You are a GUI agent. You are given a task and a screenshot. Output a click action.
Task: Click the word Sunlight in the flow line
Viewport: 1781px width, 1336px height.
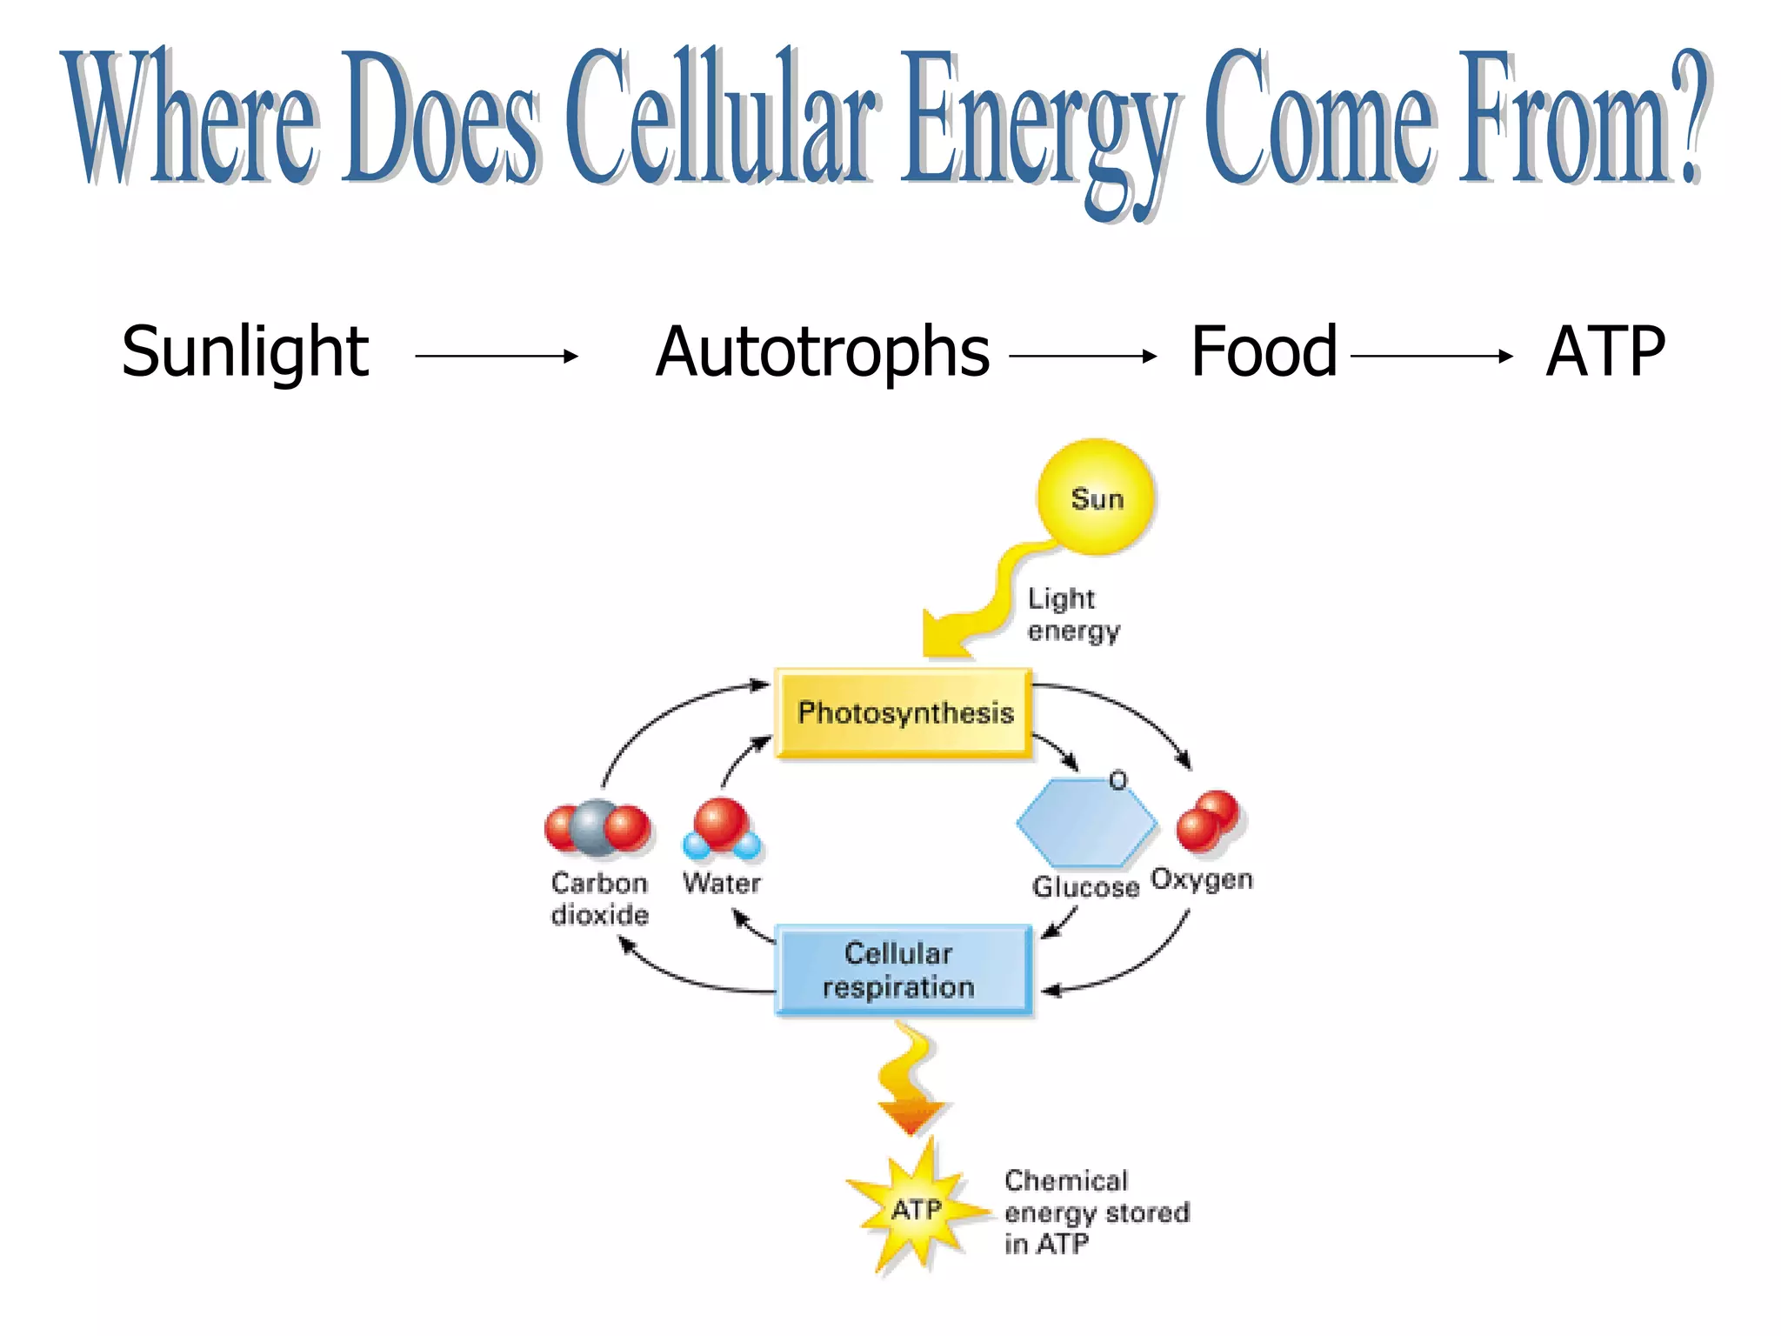[x=244, y=352]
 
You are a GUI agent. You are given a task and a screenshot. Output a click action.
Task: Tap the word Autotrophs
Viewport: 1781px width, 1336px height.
[x=822, y=352]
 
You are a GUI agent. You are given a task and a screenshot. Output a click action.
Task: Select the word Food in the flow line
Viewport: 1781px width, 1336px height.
[x=1263, y=351]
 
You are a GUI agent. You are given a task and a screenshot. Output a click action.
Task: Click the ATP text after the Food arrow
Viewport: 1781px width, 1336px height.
[x=1605, y=352]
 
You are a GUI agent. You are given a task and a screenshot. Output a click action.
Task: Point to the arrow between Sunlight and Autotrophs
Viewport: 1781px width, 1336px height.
[x=497, y=356]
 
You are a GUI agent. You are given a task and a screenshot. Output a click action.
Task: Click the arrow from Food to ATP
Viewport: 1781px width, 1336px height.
[x=1431, y=356]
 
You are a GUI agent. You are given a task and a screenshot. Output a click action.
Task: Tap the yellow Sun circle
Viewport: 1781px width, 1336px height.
[x=1096, y=498]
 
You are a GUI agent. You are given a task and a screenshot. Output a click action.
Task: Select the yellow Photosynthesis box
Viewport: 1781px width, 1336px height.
[x=904, y=713]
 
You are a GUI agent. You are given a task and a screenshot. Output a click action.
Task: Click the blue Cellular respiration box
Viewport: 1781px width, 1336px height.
[x=903, y=970]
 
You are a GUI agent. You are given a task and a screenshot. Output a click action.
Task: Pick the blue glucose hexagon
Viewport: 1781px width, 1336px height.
[x=1085, y=823]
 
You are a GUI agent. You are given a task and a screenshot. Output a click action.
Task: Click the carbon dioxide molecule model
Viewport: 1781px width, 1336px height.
[x=597, y=828]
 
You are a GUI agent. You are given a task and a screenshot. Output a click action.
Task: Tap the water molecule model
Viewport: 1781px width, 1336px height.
[x=722, y=828]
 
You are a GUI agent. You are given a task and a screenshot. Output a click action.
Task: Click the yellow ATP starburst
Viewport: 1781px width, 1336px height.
[x=916, y=1209]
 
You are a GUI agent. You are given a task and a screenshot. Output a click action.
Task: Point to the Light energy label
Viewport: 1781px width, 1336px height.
[x=1072, y=614]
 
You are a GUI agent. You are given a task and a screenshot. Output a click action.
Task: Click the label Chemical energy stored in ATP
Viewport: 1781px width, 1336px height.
[x=1095, y=1212]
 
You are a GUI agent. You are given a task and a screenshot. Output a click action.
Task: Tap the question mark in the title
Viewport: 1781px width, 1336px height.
[x=1691, y=117]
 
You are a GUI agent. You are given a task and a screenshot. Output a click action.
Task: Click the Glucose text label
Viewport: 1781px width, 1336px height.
[x=1084, y=887]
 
